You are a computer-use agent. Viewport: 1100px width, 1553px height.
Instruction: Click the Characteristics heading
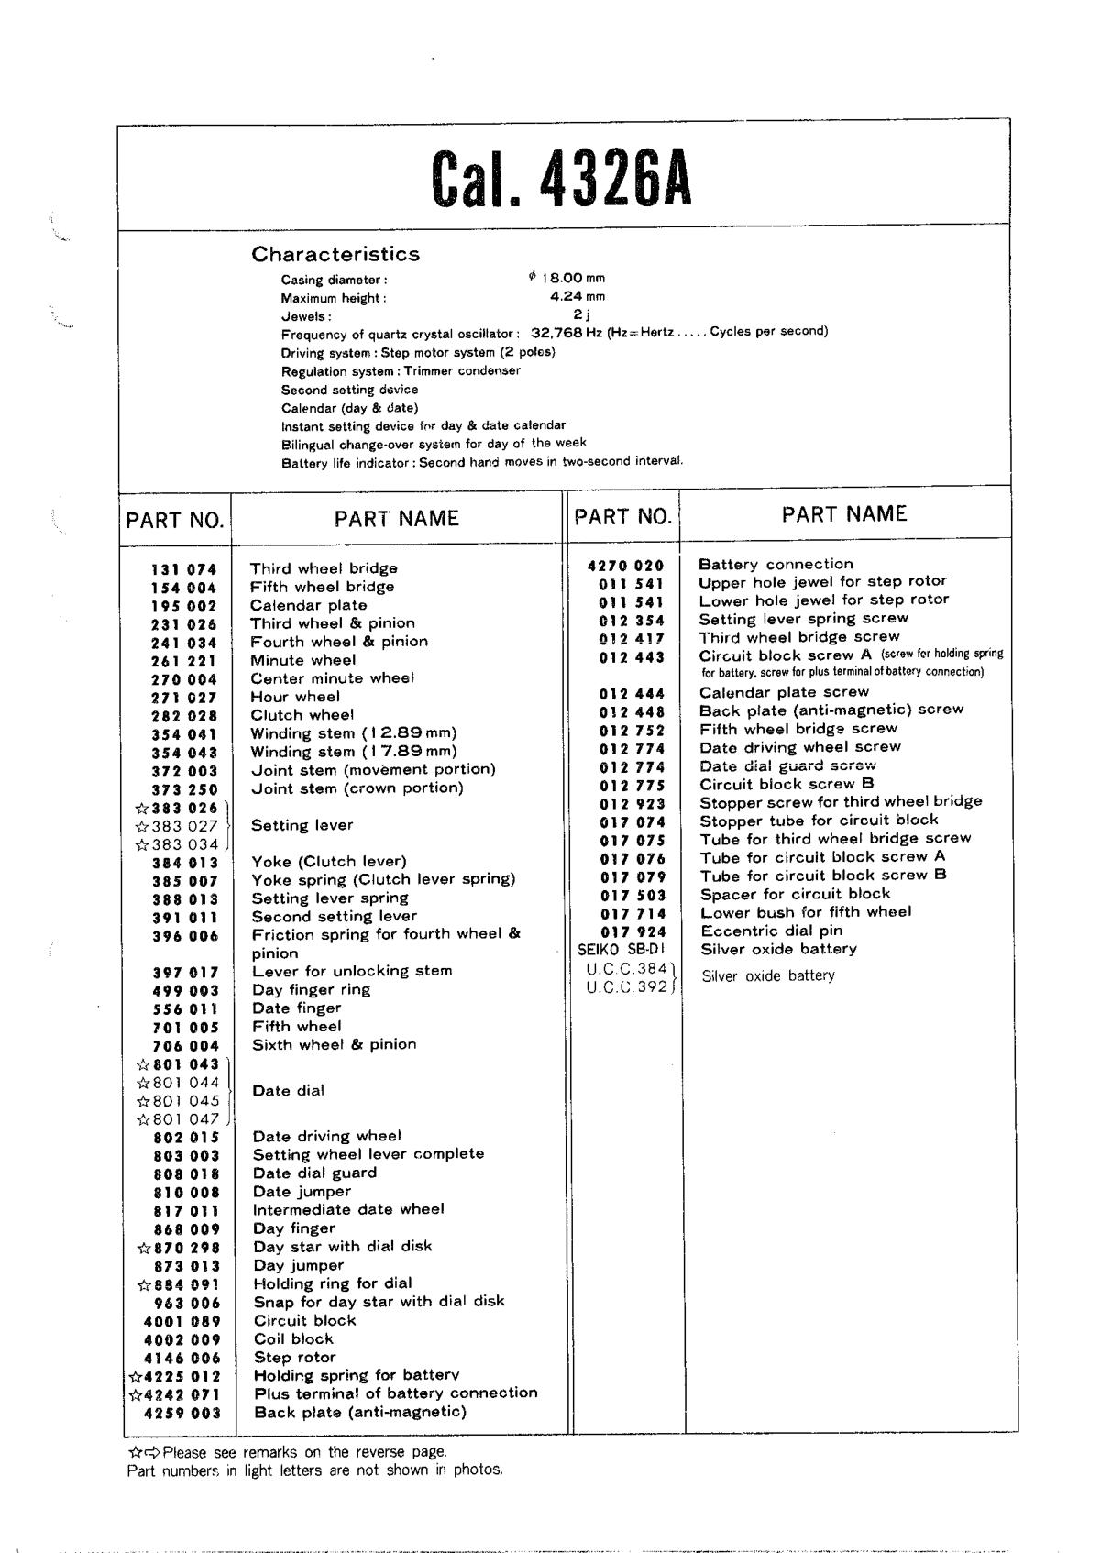(335, 254)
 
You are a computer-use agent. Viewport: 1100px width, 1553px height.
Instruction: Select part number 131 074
(183, 569)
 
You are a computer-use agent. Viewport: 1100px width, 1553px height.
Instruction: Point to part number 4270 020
(625, 566)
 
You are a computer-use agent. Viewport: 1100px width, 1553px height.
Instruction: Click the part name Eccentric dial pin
(771, 931)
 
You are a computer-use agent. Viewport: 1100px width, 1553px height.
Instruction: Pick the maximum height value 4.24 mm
(577, 296)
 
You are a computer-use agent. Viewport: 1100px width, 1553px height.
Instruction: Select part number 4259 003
(182, 1413)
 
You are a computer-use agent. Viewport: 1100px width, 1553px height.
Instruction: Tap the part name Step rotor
(294, 1357)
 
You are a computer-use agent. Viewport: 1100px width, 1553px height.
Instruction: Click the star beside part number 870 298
(143, 1248)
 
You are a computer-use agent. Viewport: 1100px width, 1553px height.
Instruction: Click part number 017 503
(632, 895)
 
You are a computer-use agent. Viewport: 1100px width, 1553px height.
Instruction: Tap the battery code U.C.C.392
(626, 987)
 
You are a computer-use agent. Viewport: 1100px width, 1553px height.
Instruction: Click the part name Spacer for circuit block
(795, 894)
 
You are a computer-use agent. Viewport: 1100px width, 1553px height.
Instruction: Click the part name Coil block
(293, 1338)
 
